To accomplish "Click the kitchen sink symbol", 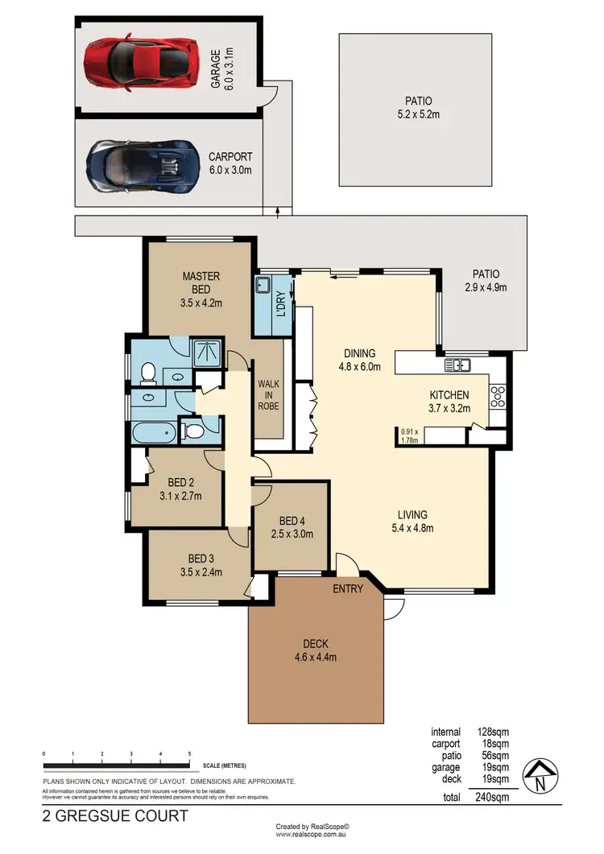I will click(458, 365).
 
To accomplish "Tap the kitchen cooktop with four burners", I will click(497, 394).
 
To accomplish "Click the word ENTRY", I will click(348, 588).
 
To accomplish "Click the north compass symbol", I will click(540, 777).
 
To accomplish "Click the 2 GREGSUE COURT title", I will click(115, 815).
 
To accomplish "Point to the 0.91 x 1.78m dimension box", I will click(411, 435).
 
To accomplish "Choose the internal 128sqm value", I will click(493, 732).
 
